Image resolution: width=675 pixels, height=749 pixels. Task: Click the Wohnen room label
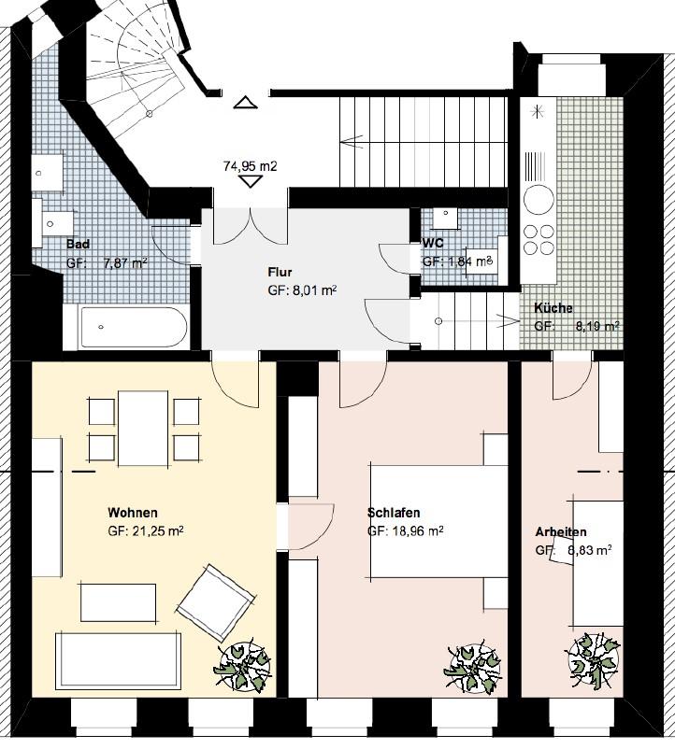(x=133, y=513)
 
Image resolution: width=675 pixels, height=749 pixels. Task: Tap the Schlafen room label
(x=394, y=513)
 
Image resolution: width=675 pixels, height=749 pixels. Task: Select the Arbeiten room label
(x=561, y=531)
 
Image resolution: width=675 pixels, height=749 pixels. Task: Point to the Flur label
(x=280, y=273)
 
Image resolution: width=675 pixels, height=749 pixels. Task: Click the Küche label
(x=553, y=308)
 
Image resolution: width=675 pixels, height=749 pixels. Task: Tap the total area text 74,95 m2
(x=250, y=166)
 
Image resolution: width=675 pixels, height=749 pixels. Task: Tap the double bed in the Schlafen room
(x=438, y=521)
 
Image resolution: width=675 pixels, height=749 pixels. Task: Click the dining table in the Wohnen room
(x=143, y=428)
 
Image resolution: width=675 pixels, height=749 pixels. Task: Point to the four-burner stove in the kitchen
(x=539, y=239)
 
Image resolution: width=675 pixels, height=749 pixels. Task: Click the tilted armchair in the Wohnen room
(x=216, y=602)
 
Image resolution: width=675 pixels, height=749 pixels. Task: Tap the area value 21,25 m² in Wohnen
(x=146, y=531)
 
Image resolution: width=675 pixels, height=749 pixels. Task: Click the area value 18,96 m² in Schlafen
(x=406, y=531)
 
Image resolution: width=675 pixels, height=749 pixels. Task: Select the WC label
(x=433, y=243)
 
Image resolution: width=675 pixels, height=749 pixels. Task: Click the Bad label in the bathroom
(x=78, y=244)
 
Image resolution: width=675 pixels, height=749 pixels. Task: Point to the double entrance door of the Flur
(x=250, y=226)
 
